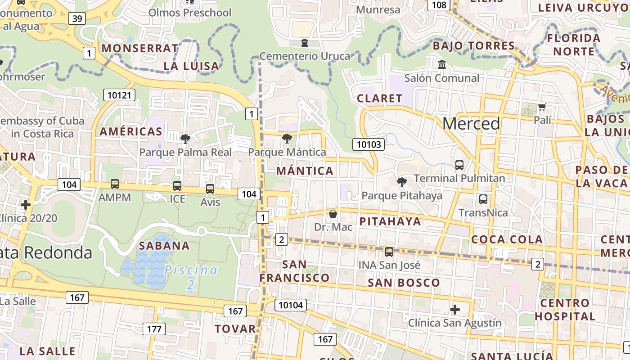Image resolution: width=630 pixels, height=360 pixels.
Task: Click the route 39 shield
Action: coord(77,18)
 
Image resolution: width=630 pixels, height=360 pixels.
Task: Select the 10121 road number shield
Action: coord(119,95)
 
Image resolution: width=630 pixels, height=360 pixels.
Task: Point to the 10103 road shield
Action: coord(369,144)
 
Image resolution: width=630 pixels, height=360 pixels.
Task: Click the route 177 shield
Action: coord(154,329)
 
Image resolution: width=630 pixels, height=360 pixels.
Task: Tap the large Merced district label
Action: coord(471,123)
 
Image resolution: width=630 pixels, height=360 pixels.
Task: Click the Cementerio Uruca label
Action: coord(305,56)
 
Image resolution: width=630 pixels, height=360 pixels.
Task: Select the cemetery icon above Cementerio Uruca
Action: coord(305,43)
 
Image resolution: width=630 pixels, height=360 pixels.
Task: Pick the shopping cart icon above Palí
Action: coord(542,107)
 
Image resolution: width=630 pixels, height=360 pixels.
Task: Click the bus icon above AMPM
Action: coord(115,184)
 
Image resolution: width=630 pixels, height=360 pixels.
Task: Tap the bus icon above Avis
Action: coord(210,189)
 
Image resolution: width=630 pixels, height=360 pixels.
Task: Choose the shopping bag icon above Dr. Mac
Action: coord(333,214)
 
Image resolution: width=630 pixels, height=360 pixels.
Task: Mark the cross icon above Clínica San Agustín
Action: coord(455,310)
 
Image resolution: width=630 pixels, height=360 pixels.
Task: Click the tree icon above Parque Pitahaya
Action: coord(401,182)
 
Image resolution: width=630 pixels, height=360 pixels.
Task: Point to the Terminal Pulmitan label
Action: coord(459,178)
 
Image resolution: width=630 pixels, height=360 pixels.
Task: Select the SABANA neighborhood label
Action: coord(164,246)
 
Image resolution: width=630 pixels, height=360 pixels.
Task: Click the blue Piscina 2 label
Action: coord(191,277)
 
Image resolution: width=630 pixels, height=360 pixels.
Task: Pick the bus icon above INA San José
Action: coord(389,252)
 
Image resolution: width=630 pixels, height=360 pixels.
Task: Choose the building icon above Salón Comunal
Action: coord(442,65)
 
